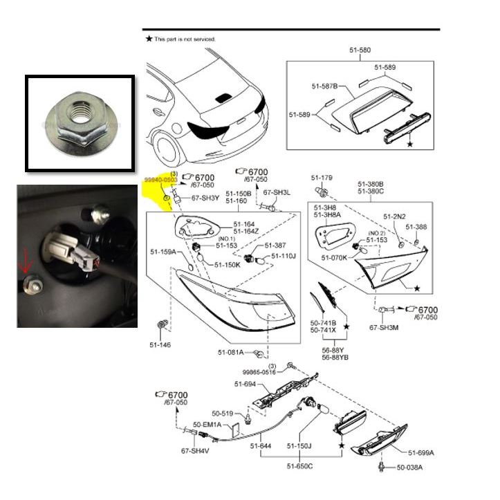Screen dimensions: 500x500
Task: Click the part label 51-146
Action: (x=160, y=344)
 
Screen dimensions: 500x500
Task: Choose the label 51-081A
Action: (x=232, y=353)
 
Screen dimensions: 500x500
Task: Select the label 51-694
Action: (x=246, y=384)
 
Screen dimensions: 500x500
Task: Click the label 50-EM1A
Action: (x=207, y=424)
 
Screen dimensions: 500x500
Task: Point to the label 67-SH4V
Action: (x=195, y=451)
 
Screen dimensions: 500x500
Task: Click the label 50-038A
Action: (x=409, y=467)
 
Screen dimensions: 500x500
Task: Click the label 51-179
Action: (x=322, y=177)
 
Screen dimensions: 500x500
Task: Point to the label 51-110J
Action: (x=284, y=256)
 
